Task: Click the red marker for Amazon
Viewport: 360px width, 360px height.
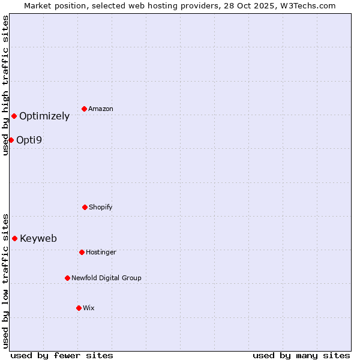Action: (x=85, y=109)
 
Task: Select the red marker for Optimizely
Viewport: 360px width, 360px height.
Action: (x=14, y=116)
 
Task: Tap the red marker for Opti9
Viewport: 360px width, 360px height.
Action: (x=11, y=140)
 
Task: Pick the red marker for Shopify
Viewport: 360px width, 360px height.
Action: (x=85, y=207)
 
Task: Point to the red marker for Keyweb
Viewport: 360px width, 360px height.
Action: (x=14, y=238)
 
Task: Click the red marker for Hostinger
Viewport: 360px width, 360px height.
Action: (x=82, y=252)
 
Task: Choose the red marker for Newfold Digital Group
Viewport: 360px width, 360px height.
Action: (x=67, y=278)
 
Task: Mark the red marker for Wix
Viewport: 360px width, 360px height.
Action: (x=79, y=308)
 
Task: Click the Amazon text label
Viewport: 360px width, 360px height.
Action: (x=101, y=109)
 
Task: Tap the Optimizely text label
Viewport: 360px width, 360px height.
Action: (x=44, y=116)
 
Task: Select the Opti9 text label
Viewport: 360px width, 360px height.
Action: (x=29, y=140)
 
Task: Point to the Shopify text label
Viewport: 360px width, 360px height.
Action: (x=101, y=207)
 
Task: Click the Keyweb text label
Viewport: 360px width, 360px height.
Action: (x=38, y=239)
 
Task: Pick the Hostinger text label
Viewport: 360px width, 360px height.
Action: (x=101, y=252)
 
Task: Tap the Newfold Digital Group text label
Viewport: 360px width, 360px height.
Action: (x=106, y=278)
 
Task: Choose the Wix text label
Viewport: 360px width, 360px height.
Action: (x=89, y=308)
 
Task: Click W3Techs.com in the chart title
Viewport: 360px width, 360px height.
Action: (x=307, y=5)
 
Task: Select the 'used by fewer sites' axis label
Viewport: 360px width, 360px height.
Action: (x=62, y=355)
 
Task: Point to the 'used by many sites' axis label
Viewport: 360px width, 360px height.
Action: (x=301, y=355)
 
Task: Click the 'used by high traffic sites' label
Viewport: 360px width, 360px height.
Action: (x=5, y=85)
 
